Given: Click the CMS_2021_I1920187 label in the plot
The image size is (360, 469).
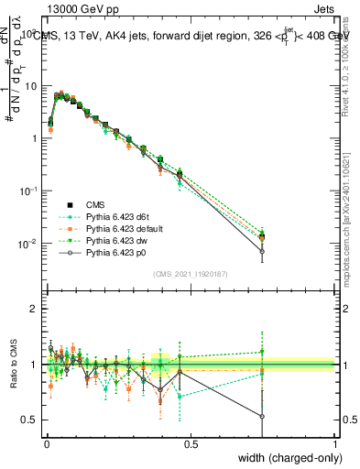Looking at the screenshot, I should click(190, 274).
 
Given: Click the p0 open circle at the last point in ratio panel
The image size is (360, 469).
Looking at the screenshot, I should click(262, 417).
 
